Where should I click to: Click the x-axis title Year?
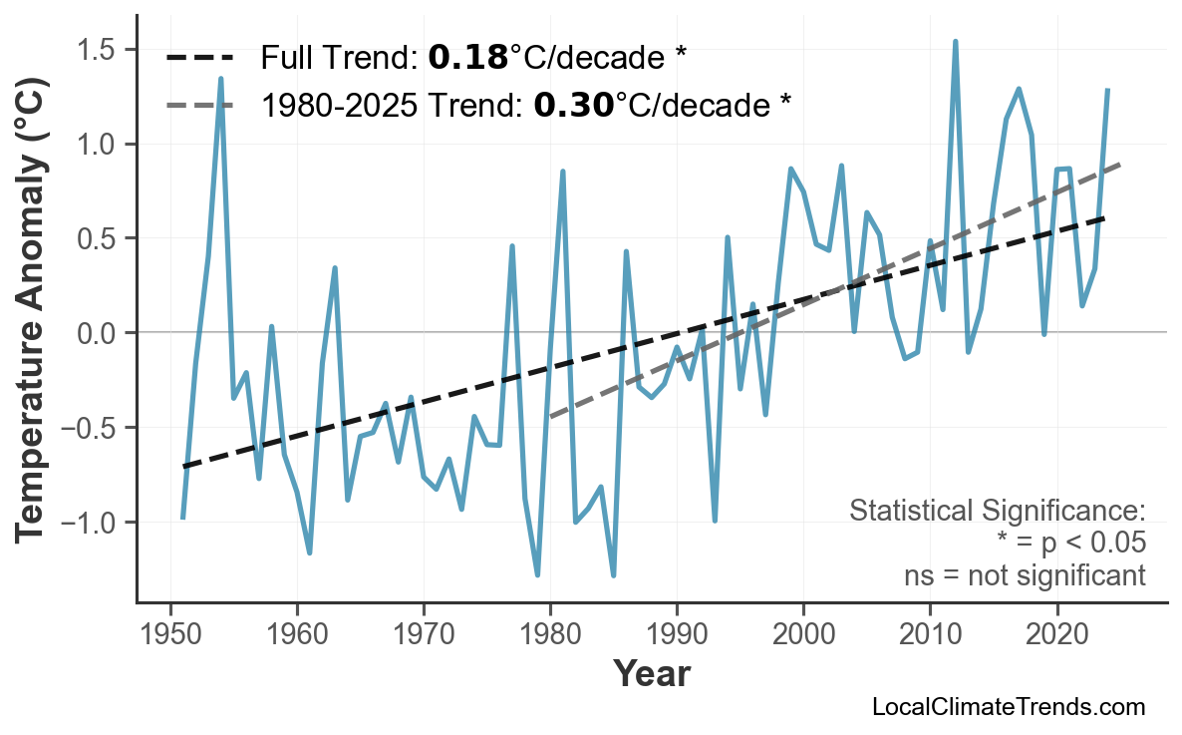coord(651,674)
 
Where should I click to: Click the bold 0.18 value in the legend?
coord(467,58)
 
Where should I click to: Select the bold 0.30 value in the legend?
coord(573,105)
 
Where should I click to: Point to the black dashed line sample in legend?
coord(200,58)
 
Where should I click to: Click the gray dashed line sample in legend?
coord(200,105)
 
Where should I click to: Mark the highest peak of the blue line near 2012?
coord(955,42)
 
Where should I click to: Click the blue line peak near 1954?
coord(220,78)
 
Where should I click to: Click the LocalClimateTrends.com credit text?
coord(1008,707)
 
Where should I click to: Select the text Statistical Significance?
coord(997,511)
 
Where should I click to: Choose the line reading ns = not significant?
coord(1025,575)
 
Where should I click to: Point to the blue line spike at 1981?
coord(563,172)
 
